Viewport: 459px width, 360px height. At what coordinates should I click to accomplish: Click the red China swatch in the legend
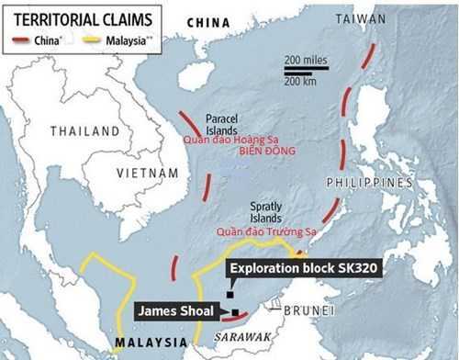21,40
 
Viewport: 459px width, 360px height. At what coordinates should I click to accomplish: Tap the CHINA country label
208,21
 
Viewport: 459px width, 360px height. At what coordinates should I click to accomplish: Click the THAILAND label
84,130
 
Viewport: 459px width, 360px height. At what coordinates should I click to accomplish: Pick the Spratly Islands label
266,214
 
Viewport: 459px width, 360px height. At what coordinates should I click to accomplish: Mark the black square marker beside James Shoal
236,312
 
